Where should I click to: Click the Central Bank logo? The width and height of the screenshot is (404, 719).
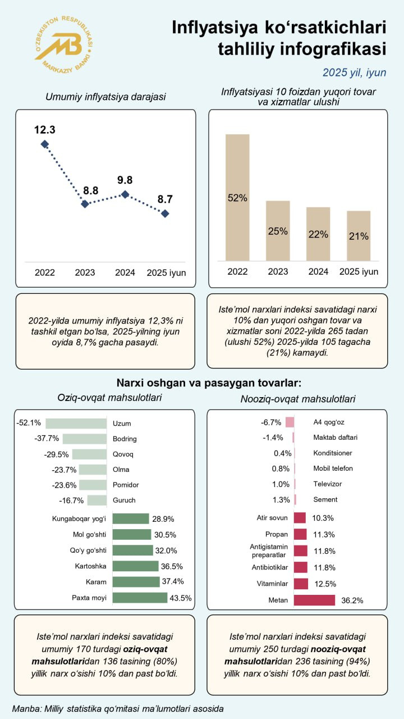[63, 45]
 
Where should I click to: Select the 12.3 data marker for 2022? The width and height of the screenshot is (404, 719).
[45, 144]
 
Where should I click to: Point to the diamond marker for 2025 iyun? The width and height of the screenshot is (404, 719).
[165, 213]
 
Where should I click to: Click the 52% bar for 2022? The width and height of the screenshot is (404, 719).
[237, 197]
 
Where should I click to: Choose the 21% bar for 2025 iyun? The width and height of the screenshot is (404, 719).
[359, 235]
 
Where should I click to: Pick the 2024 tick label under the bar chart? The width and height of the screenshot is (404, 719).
[318, 272]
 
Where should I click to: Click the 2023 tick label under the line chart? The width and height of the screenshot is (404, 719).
[85, 273]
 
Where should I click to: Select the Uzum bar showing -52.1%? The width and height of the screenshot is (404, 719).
[76, 424]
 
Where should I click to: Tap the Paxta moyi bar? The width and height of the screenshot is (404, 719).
[140, 597]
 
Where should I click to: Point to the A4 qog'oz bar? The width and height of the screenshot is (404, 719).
[290, 422]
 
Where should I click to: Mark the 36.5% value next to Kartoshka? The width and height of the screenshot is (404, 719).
[172, 566]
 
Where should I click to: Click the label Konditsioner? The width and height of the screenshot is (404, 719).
[333, 453]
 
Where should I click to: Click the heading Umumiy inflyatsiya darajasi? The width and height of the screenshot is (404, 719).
[105, 97]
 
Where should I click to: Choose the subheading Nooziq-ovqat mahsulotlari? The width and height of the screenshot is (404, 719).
[297, 399]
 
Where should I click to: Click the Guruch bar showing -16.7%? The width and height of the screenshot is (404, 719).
[97, 500]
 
